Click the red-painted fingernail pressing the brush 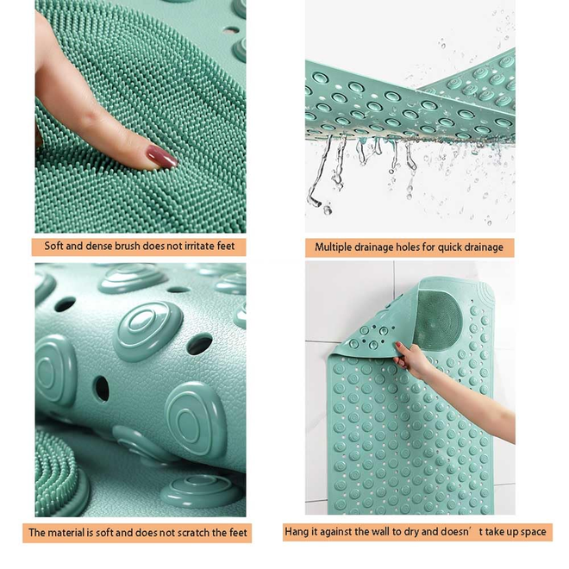click(x=162, y=156)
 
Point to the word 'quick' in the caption click(x=450, y=247)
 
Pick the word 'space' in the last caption click(x=533, y=532)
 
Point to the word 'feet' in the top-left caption click(x=226, y=246)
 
